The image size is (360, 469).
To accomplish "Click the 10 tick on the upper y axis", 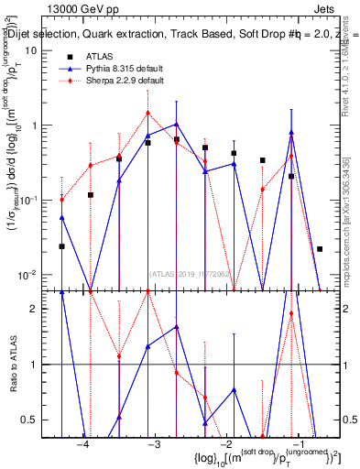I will click(31, 50).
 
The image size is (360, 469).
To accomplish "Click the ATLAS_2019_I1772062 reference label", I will click(191, 272).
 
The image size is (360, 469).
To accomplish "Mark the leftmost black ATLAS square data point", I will click(61, 246).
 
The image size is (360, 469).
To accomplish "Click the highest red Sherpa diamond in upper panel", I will click(147, 114).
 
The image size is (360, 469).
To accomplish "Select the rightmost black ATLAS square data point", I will click(320, 248).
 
